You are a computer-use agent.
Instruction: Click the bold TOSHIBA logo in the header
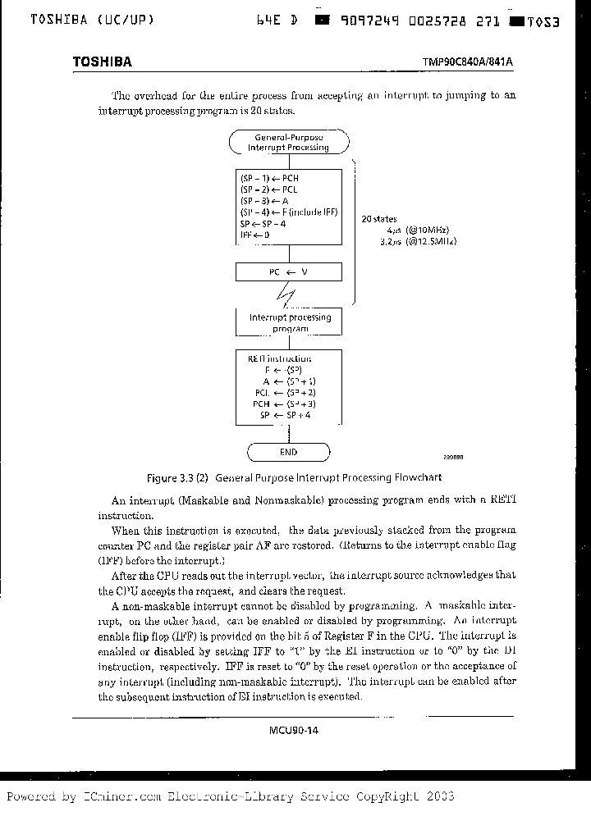point(102,62)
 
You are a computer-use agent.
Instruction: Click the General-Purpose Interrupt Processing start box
point(288,142)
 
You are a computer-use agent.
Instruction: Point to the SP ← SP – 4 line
point(263,223)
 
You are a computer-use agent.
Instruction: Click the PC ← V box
point(288,272)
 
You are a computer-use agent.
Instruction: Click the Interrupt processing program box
point(288,322)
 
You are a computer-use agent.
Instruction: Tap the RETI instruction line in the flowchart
point(279,358)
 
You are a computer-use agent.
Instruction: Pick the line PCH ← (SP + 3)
point(285,404)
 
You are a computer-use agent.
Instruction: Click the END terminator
point(288,452)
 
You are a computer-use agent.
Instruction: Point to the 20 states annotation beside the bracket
point(379,220)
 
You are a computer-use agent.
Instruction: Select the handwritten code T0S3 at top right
point(543,22)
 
